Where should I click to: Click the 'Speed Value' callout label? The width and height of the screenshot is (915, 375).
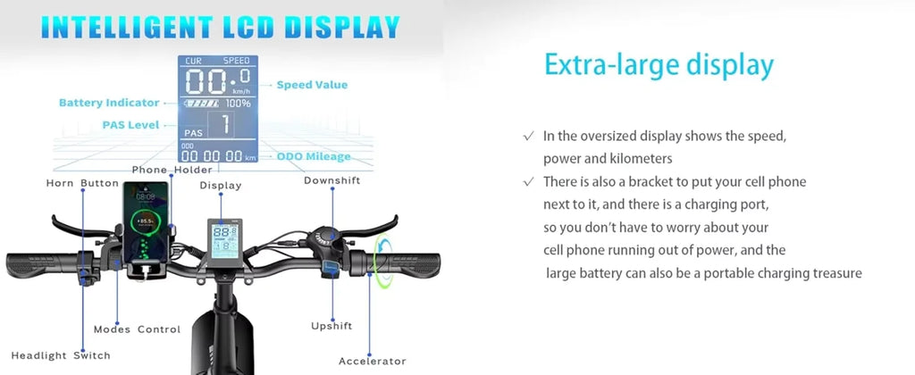311,85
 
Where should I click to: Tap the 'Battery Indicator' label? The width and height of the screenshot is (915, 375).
108,104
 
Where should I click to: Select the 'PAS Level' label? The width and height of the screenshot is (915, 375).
130,125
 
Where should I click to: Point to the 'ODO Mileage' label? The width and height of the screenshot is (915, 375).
313,157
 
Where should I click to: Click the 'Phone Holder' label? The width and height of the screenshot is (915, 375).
172,170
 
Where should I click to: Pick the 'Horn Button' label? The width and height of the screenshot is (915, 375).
82,184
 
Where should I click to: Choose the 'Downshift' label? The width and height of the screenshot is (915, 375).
332,181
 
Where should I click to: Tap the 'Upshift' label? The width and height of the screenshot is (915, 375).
331,326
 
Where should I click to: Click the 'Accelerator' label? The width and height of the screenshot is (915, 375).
373,361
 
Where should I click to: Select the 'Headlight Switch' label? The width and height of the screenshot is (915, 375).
61,355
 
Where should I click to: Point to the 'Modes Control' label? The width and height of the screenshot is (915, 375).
137,329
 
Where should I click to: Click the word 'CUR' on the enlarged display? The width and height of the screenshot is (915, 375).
194,61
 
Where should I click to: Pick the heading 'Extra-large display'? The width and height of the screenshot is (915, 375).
659,65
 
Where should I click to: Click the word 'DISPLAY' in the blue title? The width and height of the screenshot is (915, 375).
341,26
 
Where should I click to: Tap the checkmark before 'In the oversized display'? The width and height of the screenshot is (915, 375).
528,136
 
